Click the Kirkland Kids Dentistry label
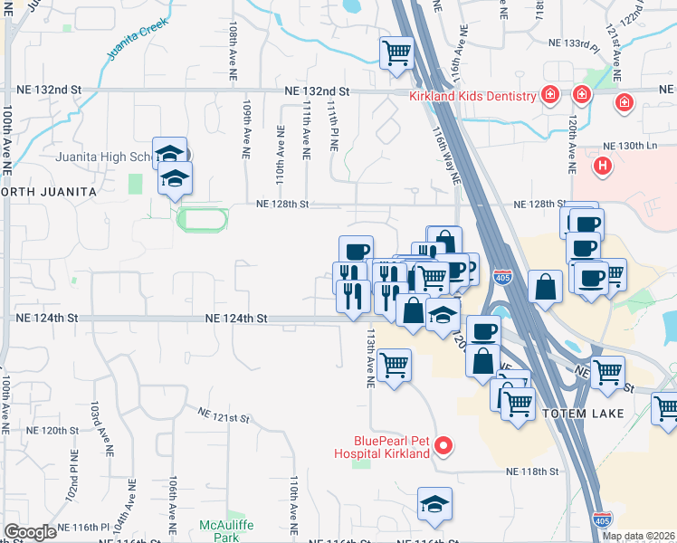(x=472, y=97)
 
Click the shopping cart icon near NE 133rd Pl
(x=396, y=53)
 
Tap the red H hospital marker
(x=602, y=167)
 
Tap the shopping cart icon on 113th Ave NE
(x=395, y=366)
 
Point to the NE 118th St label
(x=532, y=472)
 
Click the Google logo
(x=30, y=532)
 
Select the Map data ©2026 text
(x=638, y=536)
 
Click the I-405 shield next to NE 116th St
(x=604, y=519)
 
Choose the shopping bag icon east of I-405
(x=545, y=288)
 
